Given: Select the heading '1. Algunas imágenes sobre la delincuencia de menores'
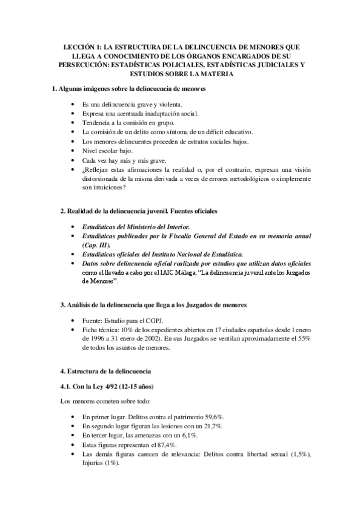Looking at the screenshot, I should [130, 90].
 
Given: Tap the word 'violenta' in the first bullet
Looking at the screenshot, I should [164, 104].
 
